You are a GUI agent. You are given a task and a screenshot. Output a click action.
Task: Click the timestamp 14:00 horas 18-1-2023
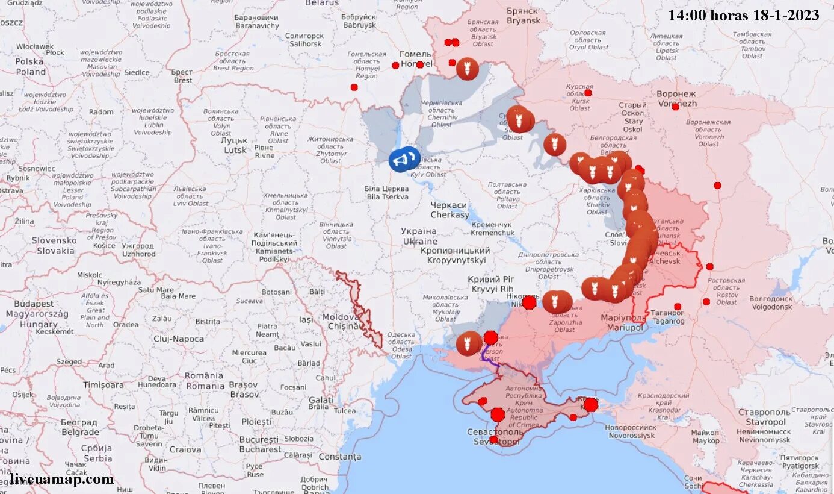click(743, 15)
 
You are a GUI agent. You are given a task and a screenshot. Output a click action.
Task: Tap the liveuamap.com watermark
click(61, 480)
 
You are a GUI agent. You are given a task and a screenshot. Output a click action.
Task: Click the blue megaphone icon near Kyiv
click(403, 159)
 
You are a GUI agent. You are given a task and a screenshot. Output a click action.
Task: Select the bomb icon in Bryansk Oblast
click(467, 69)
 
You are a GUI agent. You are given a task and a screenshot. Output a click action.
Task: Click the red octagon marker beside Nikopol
click(529, 302)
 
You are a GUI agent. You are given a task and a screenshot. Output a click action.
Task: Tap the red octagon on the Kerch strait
click(591, 404)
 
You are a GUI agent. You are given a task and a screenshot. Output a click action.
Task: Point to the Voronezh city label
click(676, 99)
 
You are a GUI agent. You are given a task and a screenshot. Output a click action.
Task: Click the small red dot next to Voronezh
click(675, 107)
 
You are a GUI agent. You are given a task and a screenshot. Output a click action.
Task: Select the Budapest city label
click(34, 309)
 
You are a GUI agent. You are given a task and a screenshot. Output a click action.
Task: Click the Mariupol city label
click(623, 322)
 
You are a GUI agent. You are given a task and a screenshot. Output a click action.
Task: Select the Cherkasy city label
click(449, 210)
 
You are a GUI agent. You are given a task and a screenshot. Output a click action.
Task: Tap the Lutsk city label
click(236, 145)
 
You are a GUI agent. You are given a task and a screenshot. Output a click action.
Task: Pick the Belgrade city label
click(79, 427)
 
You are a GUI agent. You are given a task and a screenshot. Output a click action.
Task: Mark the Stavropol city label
click(764, 417)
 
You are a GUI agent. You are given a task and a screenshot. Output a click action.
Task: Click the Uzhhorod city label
click(138, 250)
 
